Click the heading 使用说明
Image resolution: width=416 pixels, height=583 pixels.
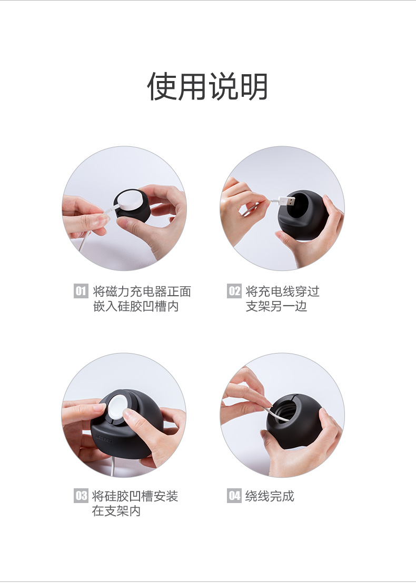tap(207, 86)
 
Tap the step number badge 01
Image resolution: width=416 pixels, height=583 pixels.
tap(81, 291)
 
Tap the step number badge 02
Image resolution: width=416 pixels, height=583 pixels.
tap(234, 291)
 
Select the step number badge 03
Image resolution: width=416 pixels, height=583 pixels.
tap(81, 496)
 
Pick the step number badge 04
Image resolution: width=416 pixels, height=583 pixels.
tap(234, 496)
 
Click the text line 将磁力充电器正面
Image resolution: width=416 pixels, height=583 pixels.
tap(142, 291)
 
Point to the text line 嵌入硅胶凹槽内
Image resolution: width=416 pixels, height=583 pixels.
tap(136, 306)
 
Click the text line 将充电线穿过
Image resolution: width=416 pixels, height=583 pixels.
tap(282, 291)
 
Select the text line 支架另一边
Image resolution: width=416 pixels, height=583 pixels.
tap(276, 306)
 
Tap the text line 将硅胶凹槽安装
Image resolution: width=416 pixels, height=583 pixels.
tap(135, 496)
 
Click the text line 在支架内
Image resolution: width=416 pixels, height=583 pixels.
tap(116, 511)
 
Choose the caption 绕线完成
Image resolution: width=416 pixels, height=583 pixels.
tap(270, 496)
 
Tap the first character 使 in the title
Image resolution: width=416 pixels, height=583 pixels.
tap(161, 86)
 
